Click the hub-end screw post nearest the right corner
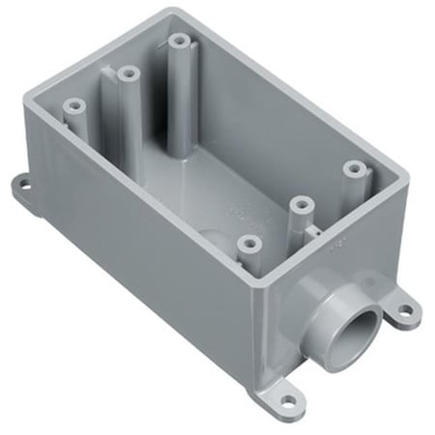tap(352, 169)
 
